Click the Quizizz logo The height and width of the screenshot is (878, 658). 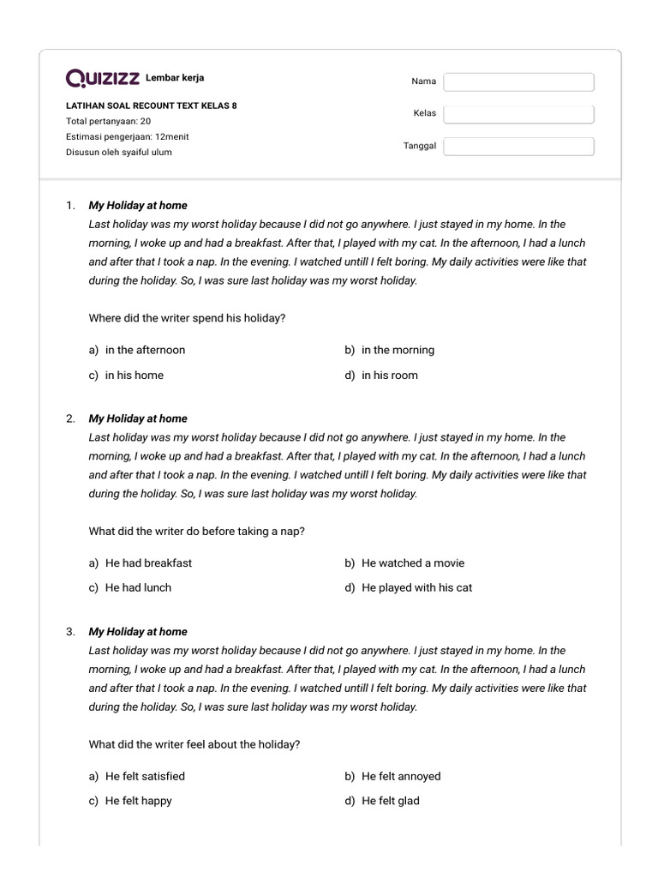pos(103,79)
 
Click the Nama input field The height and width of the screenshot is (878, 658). pos(518,81)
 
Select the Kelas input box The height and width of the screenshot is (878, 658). pos(518,114)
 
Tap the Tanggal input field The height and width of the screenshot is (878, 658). pos(518,147)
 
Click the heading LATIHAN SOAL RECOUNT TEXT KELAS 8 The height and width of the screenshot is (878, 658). pos(152,106)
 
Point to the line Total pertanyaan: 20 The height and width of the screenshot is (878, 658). pos(108,122)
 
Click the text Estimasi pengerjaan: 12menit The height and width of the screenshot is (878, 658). pos(128,137)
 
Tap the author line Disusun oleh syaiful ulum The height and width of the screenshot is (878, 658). pos(119,153)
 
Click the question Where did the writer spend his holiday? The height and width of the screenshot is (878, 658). pos(187,318)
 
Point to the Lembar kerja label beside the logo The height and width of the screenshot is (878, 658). pos(175,78)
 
